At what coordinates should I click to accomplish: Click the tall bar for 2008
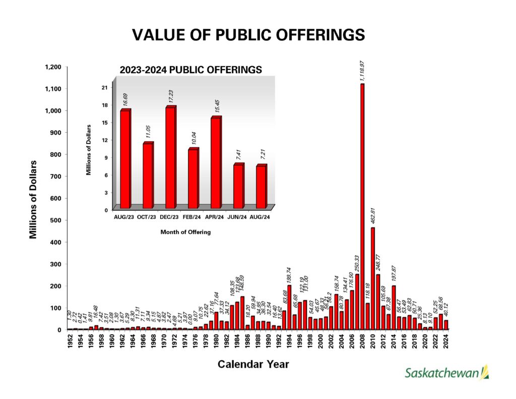(x=362, y=207)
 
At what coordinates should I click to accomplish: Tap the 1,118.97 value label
(x=362, y=71)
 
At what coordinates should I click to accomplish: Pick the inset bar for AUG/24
(x=261, y=187)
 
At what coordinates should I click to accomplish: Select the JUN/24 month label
(x=238, y=217)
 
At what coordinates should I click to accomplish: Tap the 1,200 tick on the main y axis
(x=53, y=67)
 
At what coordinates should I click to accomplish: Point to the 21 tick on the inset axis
(x=105, y=87)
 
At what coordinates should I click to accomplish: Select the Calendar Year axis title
(x=253, y=364)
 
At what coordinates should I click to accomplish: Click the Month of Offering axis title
(x=185, y=232)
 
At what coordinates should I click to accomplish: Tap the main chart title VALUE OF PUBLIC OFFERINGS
(x=248, y=35)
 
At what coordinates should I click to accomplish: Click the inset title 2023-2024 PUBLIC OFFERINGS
(x=190, y=70)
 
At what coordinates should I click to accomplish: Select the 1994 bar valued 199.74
(x=289, y=307)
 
